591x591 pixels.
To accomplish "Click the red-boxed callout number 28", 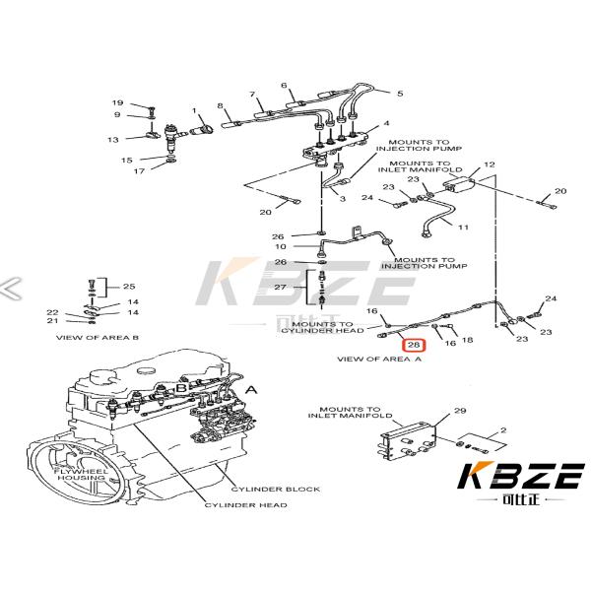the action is coord(415,346).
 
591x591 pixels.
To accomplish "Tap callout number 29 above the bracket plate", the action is coord(459,410).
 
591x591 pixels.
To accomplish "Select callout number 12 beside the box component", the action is coord(489,164).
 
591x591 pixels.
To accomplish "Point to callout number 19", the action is coord(117,103).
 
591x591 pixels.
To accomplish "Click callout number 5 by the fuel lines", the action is coord(400,94).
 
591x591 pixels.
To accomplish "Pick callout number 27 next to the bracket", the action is coord(280,287).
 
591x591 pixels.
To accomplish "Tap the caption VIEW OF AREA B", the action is coord(98,337).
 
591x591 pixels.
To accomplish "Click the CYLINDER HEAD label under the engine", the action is coord(246,505).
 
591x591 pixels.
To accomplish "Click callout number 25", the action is coord(128,287).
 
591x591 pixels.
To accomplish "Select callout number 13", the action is coord(113,140).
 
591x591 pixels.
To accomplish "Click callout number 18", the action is coord(467,340).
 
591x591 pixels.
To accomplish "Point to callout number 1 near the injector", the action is coord(194,110).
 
